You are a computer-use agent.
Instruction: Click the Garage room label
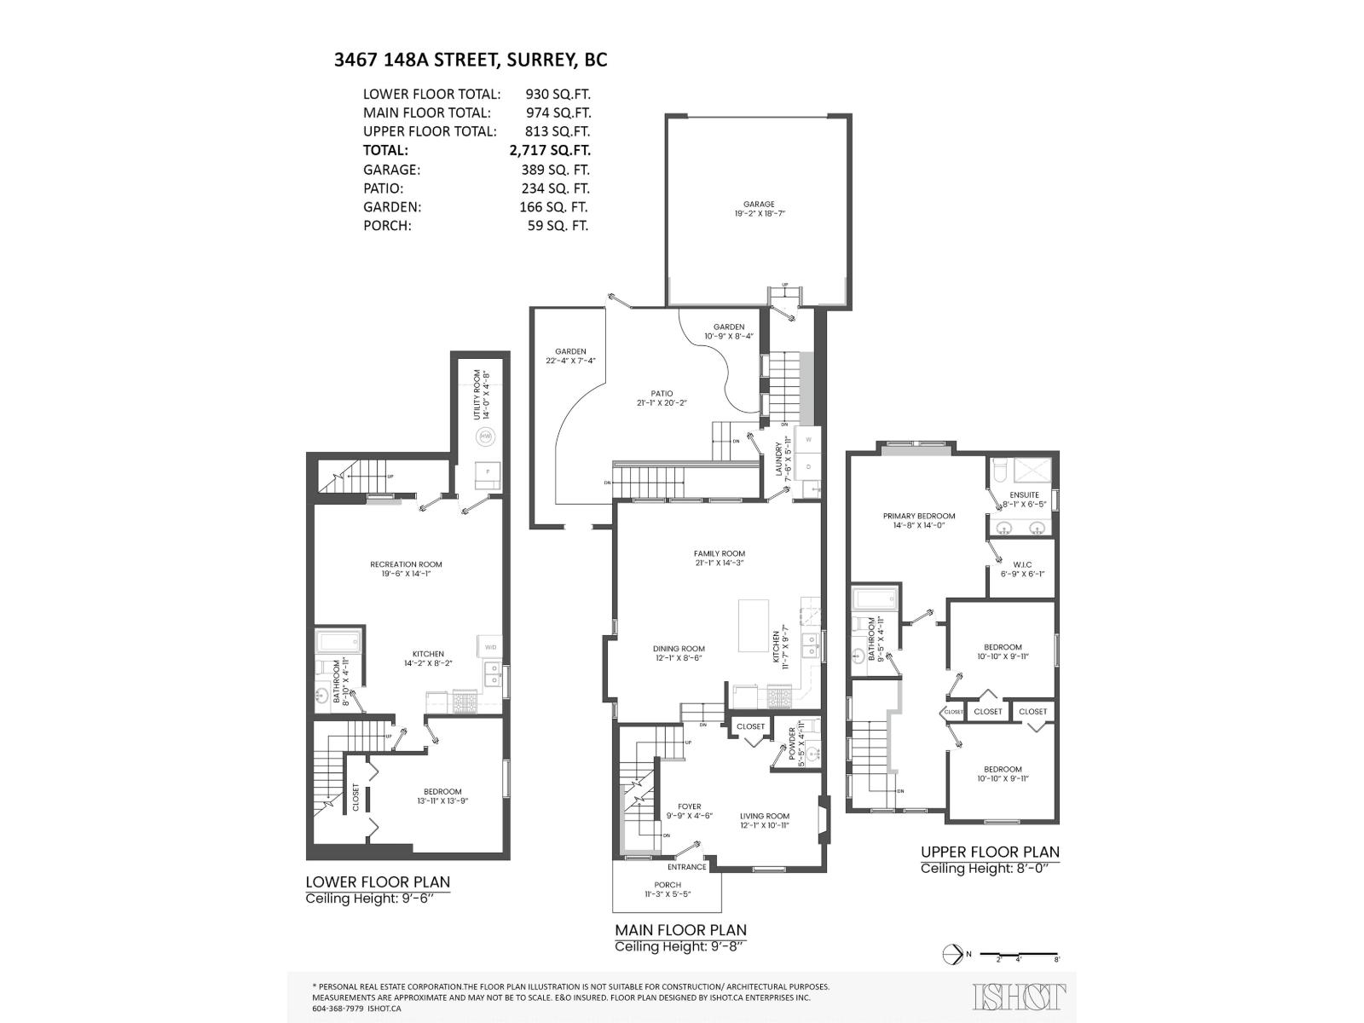pyautogui.click(x=758, y=205)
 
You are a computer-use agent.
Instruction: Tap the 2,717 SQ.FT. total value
pyautogui.click(x=550, y=150)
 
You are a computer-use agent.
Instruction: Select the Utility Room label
pyautogui.click(x=482, y=395)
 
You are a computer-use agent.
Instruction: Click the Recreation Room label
pyautogui.click(x=406, y=564)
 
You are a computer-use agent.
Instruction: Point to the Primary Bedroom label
pyautogui.click(x=919, y=517)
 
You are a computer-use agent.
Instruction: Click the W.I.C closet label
pyautogui.click(x=1022, y=565)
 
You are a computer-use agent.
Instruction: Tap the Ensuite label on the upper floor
pyautogui.click(x=1024, y=495)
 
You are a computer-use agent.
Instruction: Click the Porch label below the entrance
pyautogui.click(x=668, y=885)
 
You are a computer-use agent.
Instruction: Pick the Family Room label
pyautogui.click(x=719, y=554)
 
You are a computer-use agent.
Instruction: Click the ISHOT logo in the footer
pyautogui.click(x=1019, y=996)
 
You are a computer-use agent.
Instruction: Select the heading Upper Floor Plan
pyautogui.click(x=990, y=852)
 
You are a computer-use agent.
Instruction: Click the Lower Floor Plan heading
pyautogui.click(x=378, y=882)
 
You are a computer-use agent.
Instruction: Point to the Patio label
pyautogui.click(x=661, y=394)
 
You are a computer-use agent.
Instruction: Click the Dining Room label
pyautogui.click(x=679, y=649)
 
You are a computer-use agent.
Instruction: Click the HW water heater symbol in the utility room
pyautogui.click(x=485, y=436)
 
